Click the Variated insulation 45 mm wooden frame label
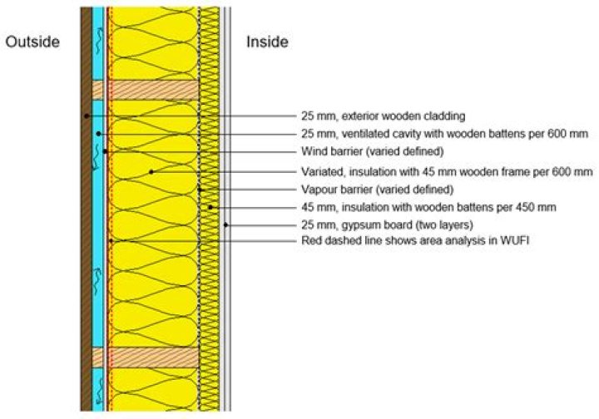click(447, 171)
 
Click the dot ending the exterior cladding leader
click(86, 116)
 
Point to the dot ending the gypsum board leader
click(226, 225)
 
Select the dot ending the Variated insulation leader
click(151, 171)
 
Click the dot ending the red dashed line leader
click(110, 241)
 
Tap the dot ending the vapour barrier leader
click(201, 190)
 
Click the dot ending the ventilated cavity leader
click(98, 134)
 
